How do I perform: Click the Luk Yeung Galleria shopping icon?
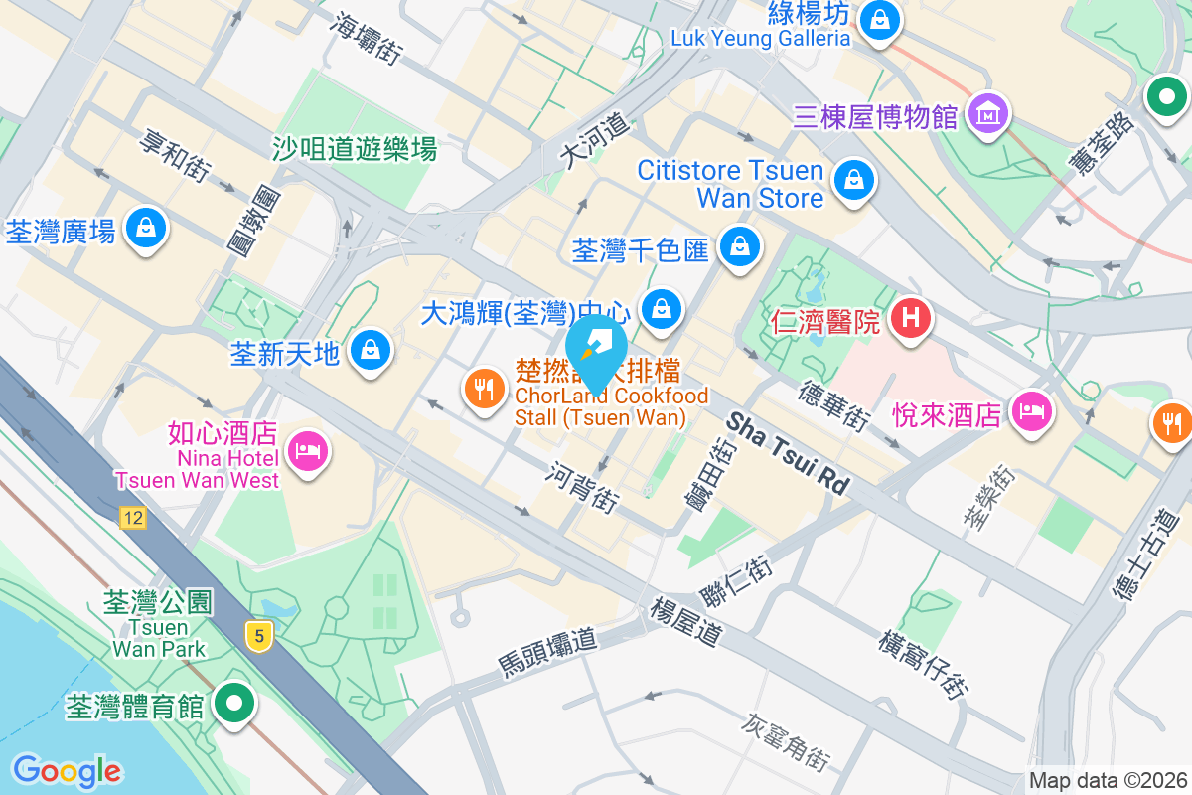(879, 19)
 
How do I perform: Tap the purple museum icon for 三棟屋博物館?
(989, 114)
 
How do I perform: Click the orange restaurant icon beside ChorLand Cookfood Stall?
(485, 390)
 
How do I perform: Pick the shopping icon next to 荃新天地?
(371, 350)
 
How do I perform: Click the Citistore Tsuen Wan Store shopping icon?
(853, 181)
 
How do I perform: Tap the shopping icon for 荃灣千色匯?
(739, 245)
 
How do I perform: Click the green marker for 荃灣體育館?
(234, 704)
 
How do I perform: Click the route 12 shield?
(132, 517)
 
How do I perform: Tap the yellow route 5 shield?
(258, 636)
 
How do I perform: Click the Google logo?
(67, 771)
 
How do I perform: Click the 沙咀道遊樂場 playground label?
(355, 150)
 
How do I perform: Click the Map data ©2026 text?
(1108, 780)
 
